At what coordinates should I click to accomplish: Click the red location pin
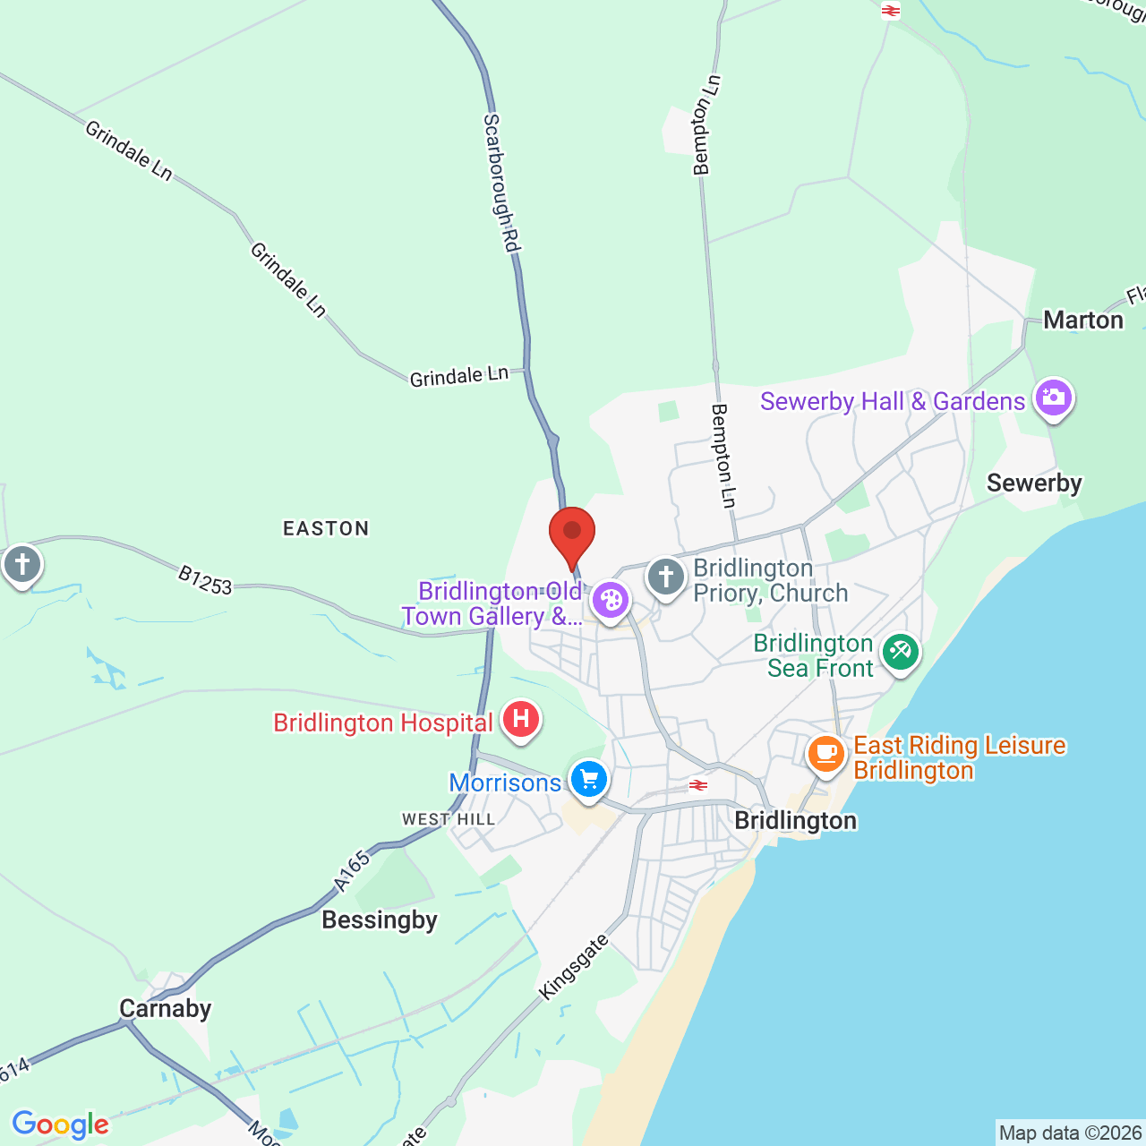pos(572,535)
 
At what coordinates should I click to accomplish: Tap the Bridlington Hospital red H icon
pos(520,719)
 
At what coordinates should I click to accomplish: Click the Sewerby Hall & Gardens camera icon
pos(1053,397)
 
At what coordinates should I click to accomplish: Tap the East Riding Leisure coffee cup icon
pos(826,754)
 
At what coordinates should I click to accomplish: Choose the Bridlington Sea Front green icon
pos(900,652)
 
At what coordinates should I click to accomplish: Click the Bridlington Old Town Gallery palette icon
pos(611,600)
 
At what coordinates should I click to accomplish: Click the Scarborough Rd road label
pos(502,183)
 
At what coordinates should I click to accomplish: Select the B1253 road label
pos(205,580)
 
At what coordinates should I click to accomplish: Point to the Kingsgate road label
pos(574,967)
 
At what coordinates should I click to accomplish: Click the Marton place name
pos(1083,320)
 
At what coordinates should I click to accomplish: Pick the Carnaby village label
pos(166,1008)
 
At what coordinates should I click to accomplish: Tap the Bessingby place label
pos(380,919)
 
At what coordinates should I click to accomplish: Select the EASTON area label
pos(326,528)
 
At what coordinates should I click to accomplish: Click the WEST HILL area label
pos(449,819)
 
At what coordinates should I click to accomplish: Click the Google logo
pos(60,1125)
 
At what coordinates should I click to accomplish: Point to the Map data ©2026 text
pos(1070,1133)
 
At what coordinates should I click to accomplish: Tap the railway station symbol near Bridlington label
pos(698,785)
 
